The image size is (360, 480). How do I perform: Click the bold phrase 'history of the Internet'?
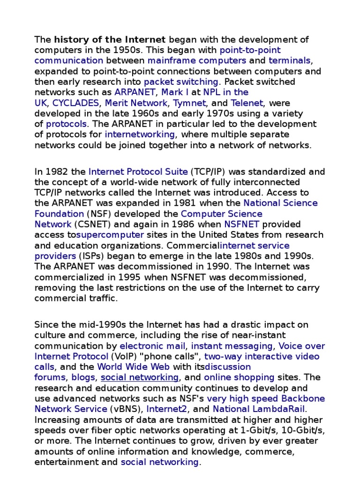click(x=110, y=39)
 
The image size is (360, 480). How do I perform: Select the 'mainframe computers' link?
click(x=196, y=60)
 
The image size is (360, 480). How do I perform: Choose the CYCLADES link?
click(x=76, y=103)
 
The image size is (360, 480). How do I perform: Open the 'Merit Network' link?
click(x=136, y=103)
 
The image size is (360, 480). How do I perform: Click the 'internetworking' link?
click(x=140, y=135)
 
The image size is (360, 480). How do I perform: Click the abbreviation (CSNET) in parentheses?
click(x=91, y=224)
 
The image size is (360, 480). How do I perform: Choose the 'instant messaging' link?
click(x=232, y=346)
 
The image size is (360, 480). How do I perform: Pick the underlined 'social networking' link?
click(x=140, y=377)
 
